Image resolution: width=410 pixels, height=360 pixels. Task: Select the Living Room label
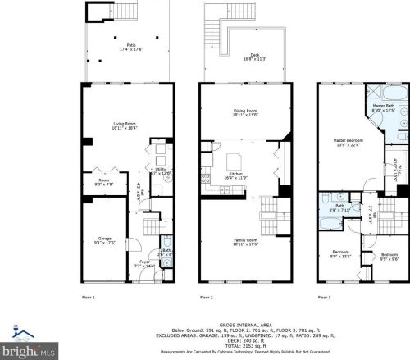click(126, 125)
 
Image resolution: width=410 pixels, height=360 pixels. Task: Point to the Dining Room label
click(245, 112)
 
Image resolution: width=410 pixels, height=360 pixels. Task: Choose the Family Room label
click(246, 241)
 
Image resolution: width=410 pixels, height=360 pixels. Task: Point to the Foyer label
click(144, 264)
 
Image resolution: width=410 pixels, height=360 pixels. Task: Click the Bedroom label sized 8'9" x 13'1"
click(340, 253)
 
